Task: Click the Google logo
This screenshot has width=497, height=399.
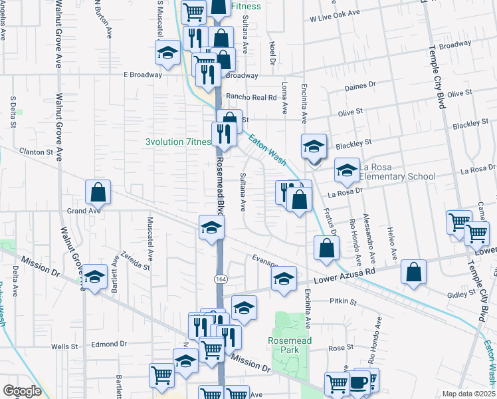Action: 22,391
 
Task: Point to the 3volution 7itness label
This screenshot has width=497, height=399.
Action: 178,142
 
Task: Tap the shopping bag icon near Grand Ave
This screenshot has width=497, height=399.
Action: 98,192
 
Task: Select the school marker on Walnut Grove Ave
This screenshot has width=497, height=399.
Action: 94,277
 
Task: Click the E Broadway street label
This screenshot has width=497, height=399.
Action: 143,74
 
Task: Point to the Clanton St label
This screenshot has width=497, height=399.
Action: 36,152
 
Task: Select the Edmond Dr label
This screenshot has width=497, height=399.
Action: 109,344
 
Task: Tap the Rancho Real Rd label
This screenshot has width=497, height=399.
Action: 250,96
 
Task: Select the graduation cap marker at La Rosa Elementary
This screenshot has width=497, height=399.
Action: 347,172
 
